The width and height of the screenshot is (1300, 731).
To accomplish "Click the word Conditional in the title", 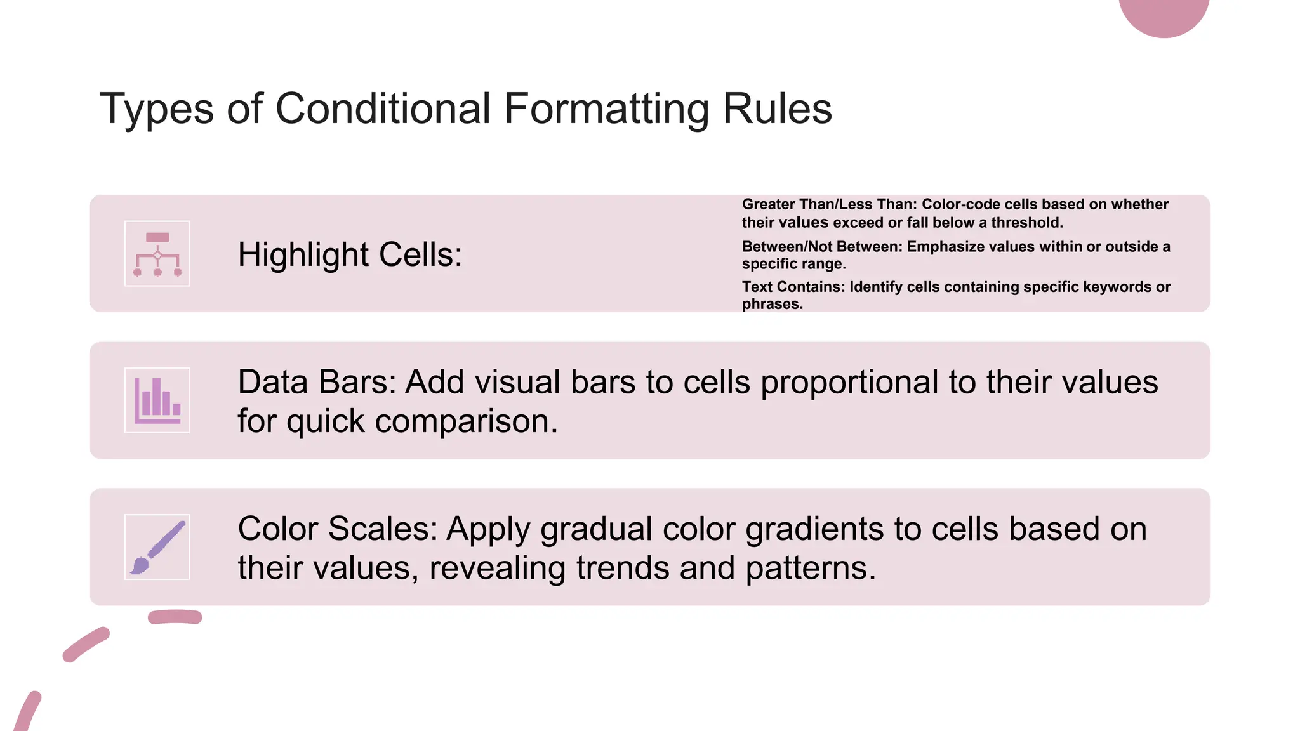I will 383,109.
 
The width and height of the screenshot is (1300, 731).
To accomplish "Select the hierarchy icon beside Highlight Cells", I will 157,254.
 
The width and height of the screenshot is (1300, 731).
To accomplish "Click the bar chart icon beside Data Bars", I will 157,400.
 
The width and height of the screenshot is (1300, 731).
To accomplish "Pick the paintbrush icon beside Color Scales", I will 157,547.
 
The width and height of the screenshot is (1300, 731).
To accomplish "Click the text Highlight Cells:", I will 350,255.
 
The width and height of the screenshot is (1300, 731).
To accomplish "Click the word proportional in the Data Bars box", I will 849,383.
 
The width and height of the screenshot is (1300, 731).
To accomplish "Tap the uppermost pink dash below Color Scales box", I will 175,617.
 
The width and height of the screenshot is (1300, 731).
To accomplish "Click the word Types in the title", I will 156,109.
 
